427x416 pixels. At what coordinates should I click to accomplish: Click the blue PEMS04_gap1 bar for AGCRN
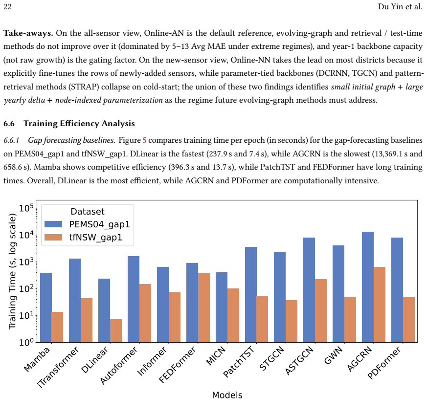[368, 287]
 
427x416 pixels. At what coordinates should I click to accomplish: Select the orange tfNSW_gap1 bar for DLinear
[116, 330]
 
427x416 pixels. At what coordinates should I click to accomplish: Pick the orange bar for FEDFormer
[204, 307]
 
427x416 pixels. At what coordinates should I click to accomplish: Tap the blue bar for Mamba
[46, 307]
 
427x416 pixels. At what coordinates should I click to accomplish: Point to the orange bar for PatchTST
[262, 319]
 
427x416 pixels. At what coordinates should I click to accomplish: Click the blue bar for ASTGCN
[309, 290]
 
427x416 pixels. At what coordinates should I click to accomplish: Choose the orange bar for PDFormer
[409, 320]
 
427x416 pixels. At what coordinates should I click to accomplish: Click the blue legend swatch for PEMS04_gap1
[53, 224]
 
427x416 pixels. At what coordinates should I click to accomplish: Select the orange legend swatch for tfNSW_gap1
[53, 238]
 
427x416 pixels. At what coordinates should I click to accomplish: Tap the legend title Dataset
[88, 212]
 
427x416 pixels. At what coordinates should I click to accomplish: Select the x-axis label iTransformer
[58, 367]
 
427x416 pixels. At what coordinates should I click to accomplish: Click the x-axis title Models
[227, 395]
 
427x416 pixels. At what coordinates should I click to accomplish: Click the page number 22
[7, 7]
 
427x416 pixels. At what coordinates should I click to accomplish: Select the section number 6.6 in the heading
[9, 124]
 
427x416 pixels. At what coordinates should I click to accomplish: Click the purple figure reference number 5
[145, 140]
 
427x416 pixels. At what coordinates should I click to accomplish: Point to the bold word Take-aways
[28, 33]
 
